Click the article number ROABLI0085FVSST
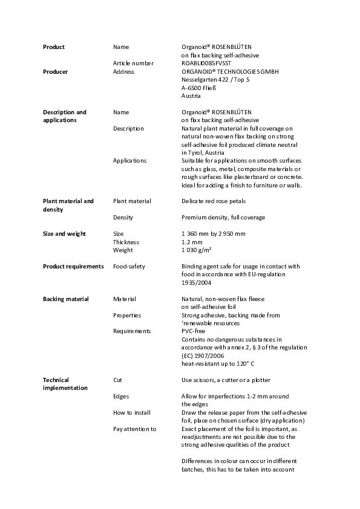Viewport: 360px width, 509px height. point(209,63)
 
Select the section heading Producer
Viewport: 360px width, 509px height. point(55,72)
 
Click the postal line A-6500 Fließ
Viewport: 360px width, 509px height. point(199,88)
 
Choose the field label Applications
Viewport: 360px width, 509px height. point(129,161)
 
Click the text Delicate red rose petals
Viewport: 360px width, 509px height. point(214,201)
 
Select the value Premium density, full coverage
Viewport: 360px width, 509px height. point(223,218)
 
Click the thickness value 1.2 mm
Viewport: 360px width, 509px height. point(192,242)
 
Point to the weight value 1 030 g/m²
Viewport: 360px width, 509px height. point(199,250)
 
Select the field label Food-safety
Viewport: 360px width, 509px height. point(129,267)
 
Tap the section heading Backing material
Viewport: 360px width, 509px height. point(65,299)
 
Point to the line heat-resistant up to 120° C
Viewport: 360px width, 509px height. point(218,364)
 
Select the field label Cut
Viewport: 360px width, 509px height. point(117,380)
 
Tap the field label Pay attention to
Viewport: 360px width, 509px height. point(134,429)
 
